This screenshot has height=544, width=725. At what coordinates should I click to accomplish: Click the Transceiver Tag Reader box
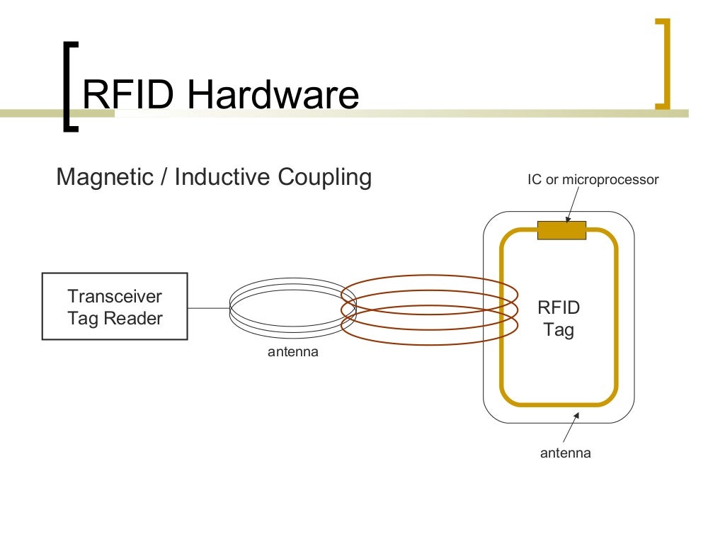115,306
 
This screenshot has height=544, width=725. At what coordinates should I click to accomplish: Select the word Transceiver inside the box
115,296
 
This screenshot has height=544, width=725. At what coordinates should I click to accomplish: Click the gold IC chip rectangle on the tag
561,230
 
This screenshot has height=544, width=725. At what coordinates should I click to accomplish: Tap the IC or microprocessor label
593,180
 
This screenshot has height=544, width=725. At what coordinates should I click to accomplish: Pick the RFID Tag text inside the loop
559,319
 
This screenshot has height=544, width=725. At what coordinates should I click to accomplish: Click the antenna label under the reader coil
293,351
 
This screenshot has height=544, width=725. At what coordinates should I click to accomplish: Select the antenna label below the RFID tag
565,453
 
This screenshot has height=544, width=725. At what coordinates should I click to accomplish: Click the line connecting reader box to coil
209,308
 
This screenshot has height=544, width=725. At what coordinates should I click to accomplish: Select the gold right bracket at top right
663,64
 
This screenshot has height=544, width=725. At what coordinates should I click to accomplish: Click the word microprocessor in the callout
610,180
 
